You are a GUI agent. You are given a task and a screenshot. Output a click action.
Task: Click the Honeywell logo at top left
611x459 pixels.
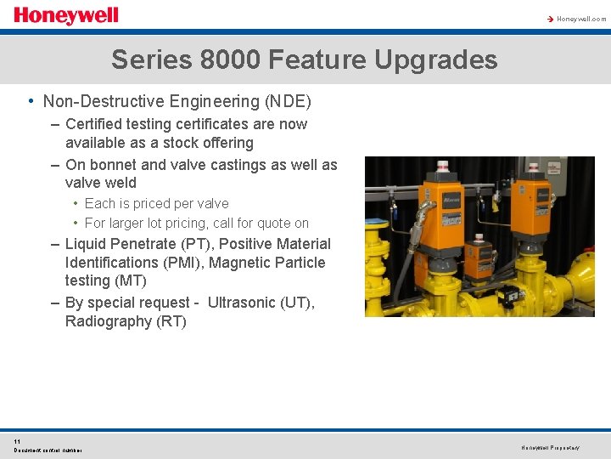coord(65,16)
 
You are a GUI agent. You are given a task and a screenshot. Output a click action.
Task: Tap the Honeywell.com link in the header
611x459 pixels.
coord(581,18)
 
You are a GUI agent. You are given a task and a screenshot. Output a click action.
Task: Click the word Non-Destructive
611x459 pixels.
coord(98,102)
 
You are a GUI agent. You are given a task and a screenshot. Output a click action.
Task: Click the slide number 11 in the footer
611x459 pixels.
coord(17,441)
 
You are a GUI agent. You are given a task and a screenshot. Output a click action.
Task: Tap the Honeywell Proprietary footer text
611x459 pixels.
coord(550,447)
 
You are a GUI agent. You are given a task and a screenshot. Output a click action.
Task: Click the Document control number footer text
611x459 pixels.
coord(48,450)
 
